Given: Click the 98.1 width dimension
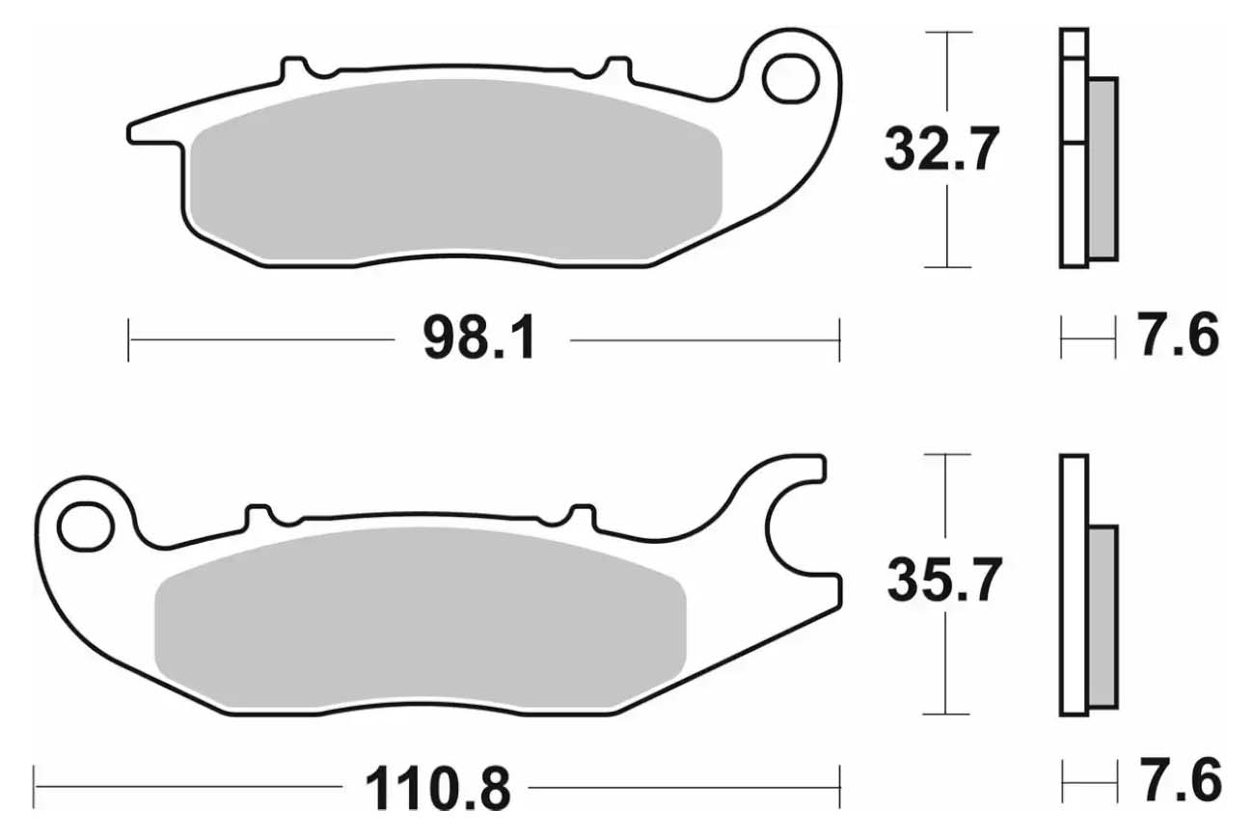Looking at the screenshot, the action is [479, 338].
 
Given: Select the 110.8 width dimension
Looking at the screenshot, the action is [438, 789].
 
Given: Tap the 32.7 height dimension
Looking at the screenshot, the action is [942, 149].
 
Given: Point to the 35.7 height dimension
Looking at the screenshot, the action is [944, 580].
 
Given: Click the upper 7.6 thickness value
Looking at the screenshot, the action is [1177, 336].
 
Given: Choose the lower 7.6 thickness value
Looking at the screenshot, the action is [1180, 780].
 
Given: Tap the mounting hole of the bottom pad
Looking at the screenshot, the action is [86, 526].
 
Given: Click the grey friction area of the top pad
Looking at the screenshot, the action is [455, 171].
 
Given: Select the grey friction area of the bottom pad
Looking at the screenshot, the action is [420, 617].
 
